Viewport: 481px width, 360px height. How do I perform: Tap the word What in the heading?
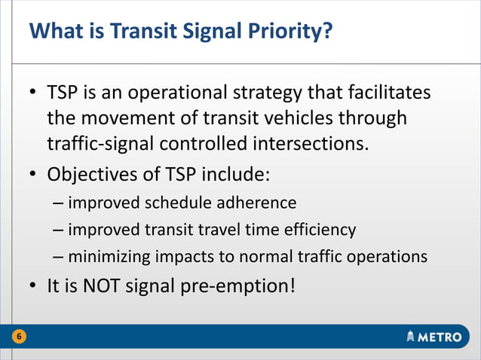click(x=54, y=32)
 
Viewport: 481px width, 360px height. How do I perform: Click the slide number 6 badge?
click(x=17, y=337)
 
